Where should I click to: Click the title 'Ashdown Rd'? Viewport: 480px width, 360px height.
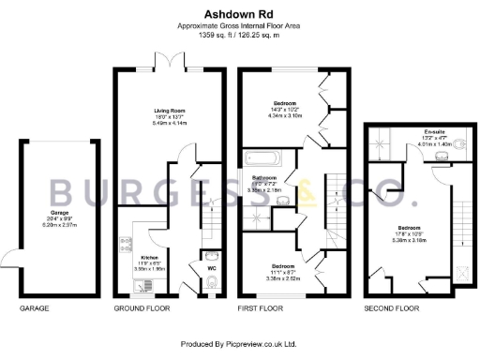coord(239,14)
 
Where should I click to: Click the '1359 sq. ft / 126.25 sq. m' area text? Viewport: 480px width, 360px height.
coord(239,35)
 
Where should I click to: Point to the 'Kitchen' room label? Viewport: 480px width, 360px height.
coord(149,257)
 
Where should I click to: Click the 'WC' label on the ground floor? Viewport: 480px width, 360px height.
coord(212,269)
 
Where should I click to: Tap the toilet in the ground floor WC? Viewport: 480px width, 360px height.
coord(210,256)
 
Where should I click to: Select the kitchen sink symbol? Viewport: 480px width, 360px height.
coord(137,286)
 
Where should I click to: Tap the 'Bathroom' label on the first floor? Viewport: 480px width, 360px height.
coord(265,176)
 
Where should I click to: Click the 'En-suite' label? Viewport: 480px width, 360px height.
coord(433,131)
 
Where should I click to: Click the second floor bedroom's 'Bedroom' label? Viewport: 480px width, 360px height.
coord(408,227)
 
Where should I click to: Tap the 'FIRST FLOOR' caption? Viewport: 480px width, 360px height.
coord(262,308)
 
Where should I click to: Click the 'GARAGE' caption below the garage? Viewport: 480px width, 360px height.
coord(34,308)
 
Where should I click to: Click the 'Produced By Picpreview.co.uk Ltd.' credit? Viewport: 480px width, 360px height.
coord(239,344)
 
